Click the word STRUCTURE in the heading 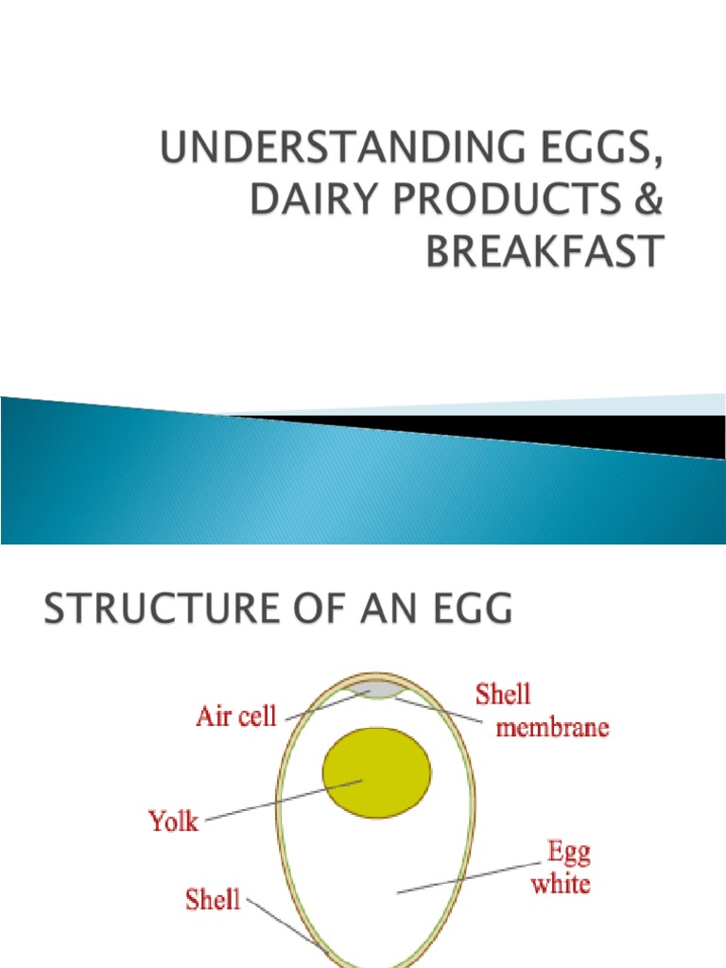[157, 609]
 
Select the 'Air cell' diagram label [235, 716]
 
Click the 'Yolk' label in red [174, 820]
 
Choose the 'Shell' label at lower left [214, 900]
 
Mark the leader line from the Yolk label [284, 801]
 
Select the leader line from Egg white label [473, 874]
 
